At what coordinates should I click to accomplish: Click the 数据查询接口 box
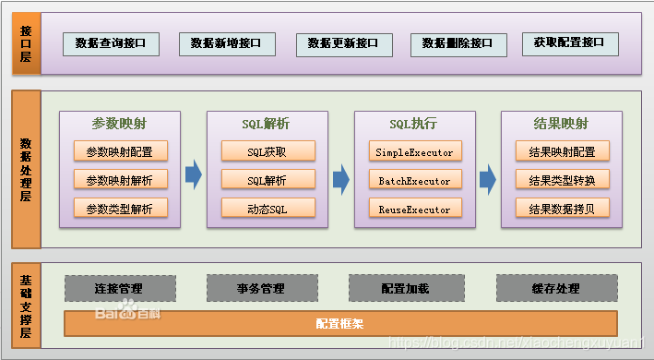[111, 43]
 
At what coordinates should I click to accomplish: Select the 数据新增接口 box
[226, 43]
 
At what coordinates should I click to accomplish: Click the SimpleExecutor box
[414, 151]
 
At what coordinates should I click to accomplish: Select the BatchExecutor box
[414, 180]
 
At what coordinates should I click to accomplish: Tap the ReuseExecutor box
[414, 209]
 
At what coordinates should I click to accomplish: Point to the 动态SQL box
[268, 209]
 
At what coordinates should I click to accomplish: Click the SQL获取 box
[268, 151]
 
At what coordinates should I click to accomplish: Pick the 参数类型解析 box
[120, 209]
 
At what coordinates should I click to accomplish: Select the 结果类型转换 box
[562, 180]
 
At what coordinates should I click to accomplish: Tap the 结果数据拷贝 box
[562, 209]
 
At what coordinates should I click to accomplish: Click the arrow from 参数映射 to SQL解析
[193, 174]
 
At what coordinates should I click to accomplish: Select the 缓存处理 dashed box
[555, 288]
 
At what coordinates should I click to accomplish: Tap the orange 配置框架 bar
[339, 324]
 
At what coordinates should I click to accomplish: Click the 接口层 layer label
[26, 43]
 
